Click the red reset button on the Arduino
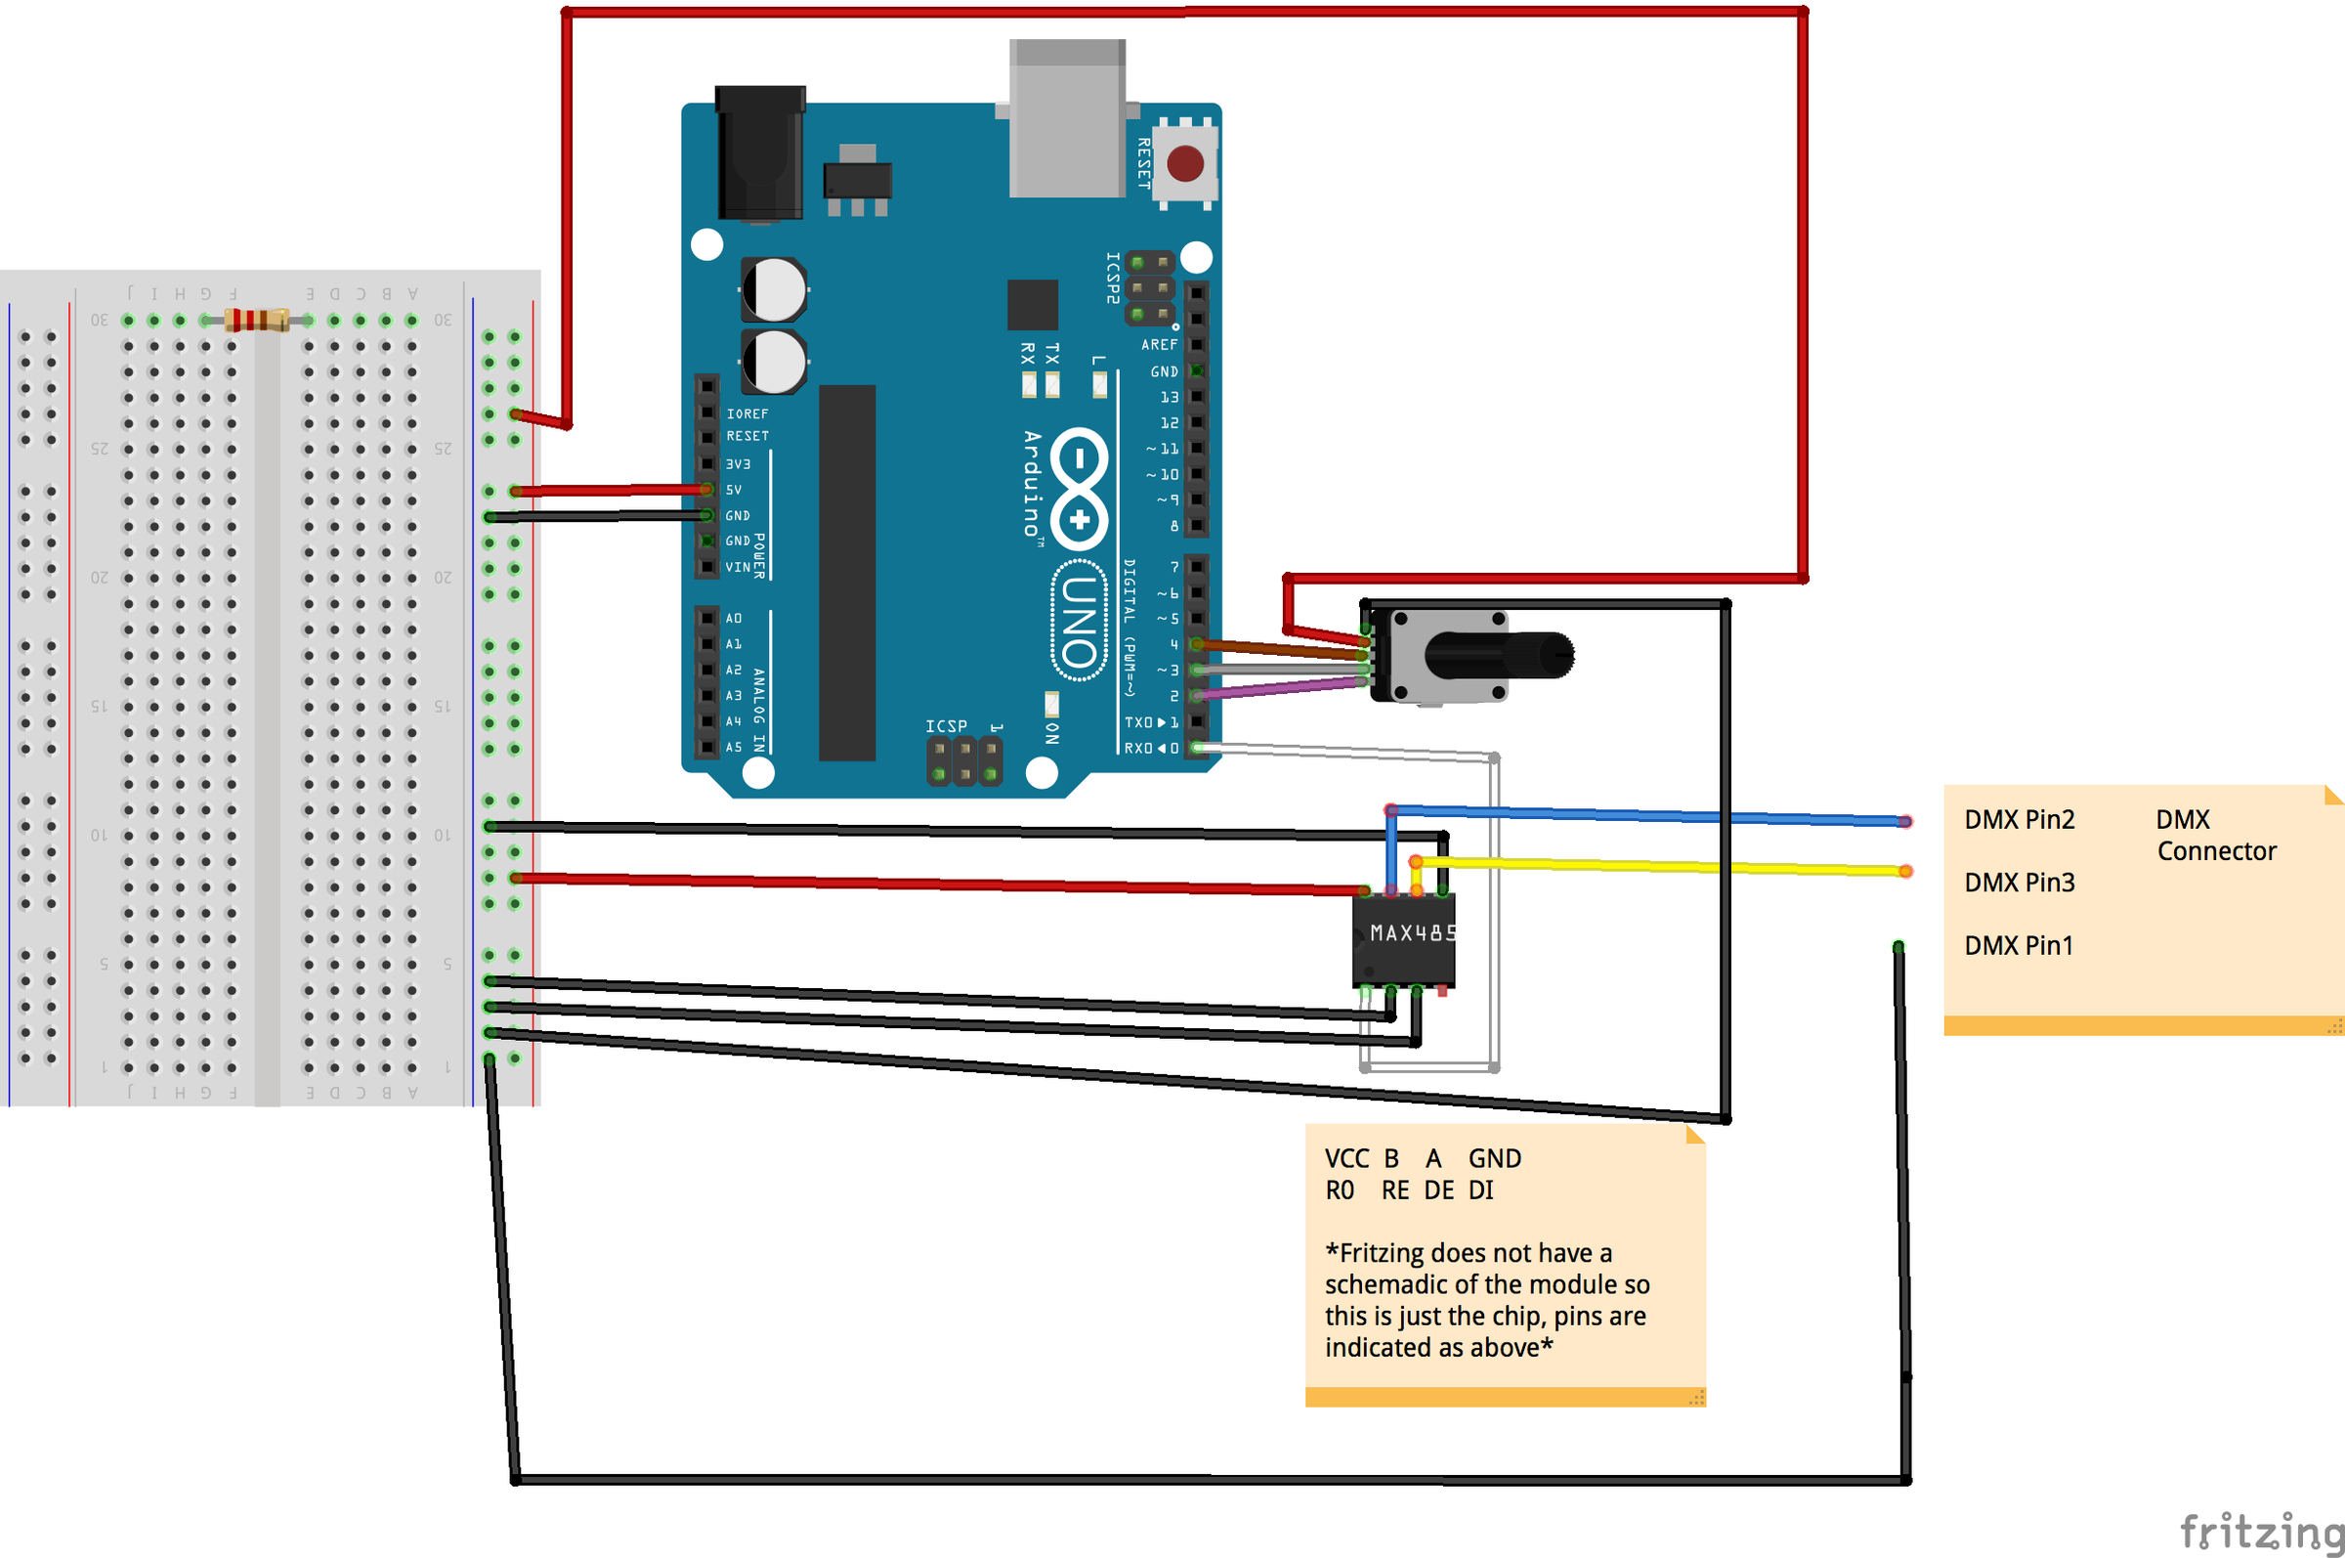[x=1185, y=164]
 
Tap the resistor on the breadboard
[x=256, y=320]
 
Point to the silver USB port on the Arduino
[x=1068, y=119]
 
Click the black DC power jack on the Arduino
[x=760, y=154]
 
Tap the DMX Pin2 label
[x=2020, y=820]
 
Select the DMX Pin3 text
[x=2020, y=883]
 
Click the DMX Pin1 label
[x=2019, y=946]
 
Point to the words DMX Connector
[x=2215, y=836]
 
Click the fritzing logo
[x=2261, y=1532]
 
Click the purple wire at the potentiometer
[x=1281, y=687]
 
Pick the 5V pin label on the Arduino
[x=734, y=490]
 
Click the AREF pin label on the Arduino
[x=1159, y=345]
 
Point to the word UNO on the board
[x=1080, y=622]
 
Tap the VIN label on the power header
[x=738, y=567]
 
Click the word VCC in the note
[x=1345, y=1158]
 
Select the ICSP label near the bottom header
[x=946, y=726]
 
